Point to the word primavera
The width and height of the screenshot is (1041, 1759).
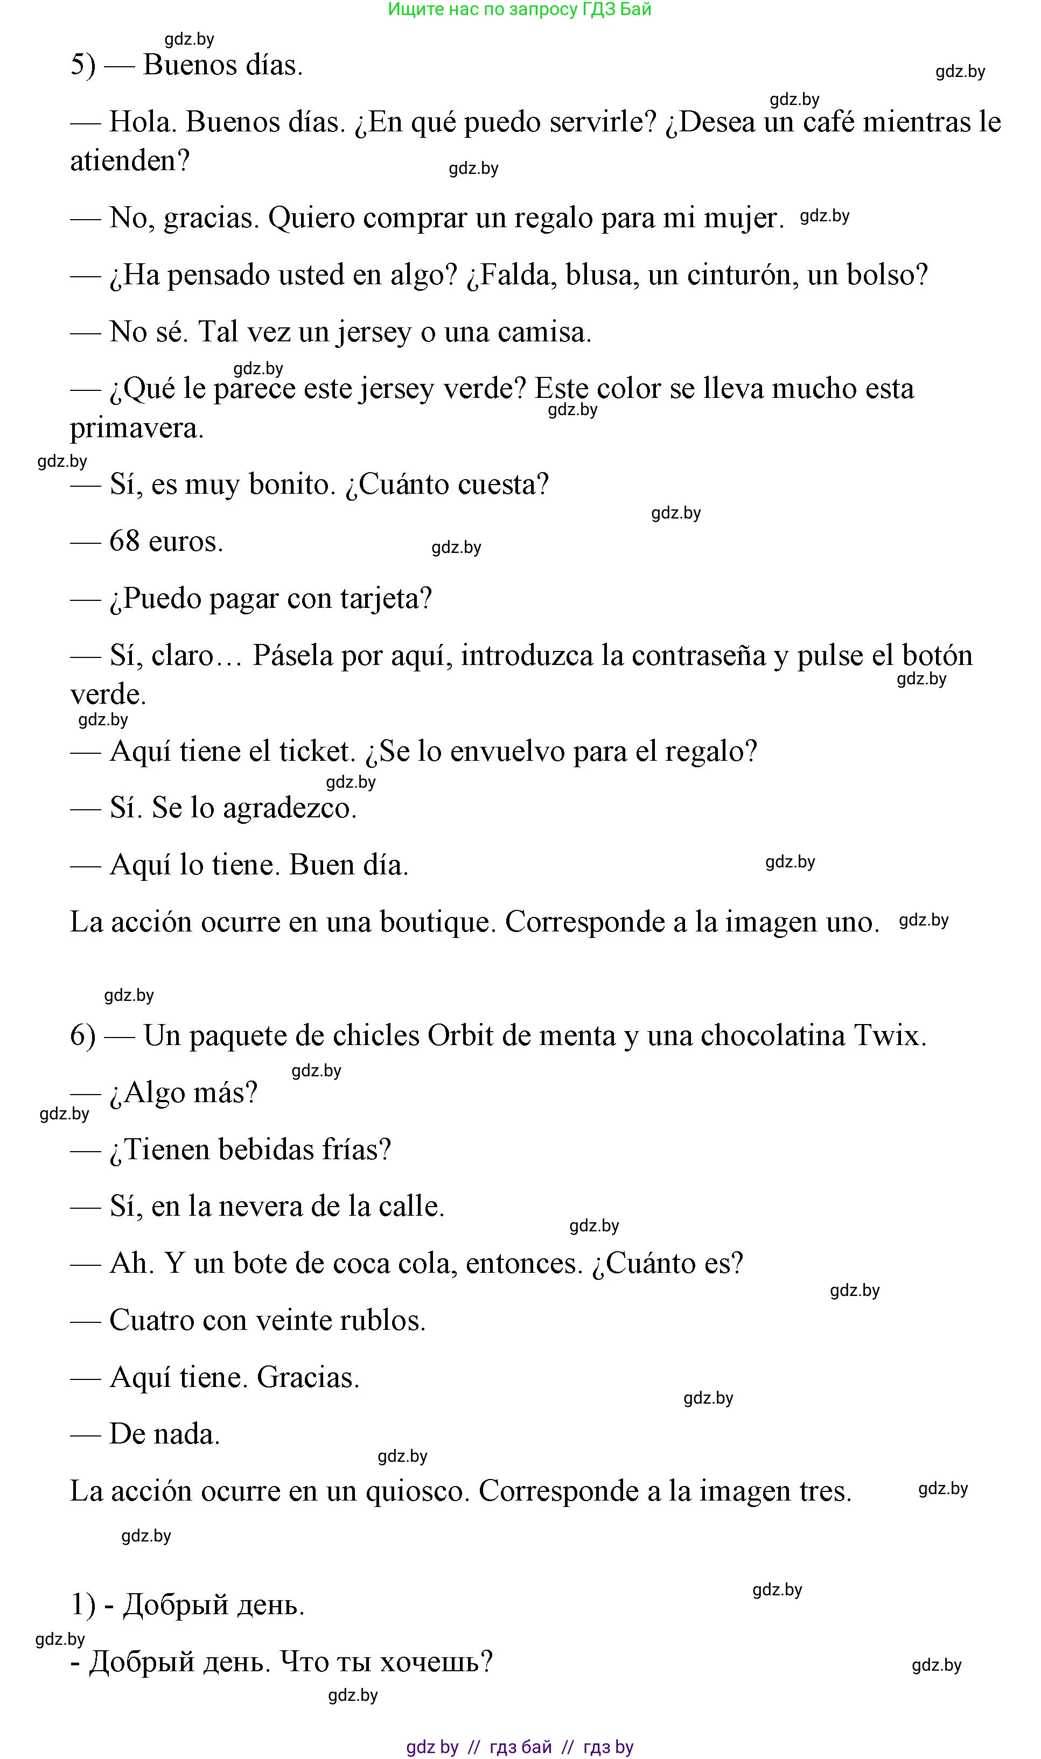[x=136, y=429]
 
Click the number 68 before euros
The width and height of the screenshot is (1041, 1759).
[x=124, y=542]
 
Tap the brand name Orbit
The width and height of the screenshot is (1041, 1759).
[x=460, y=1036]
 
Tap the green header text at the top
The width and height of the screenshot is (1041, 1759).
[x=520, y=10]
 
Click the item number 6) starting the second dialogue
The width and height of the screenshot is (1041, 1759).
[x=83, y=1036]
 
